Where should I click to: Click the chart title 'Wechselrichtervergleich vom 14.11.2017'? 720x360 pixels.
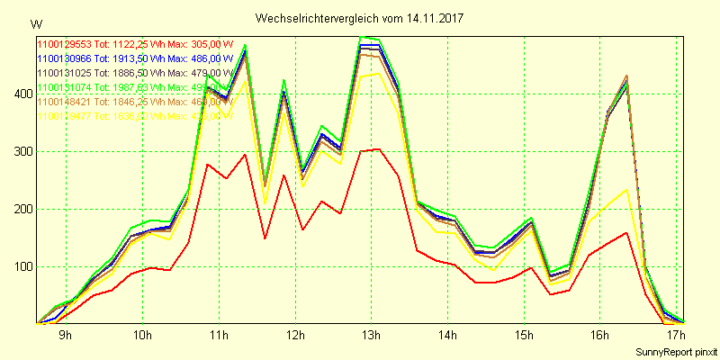click(359, 18)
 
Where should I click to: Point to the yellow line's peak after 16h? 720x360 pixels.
click(625, 190)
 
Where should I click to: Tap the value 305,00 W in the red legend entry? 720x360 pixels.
click(212, 42)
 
